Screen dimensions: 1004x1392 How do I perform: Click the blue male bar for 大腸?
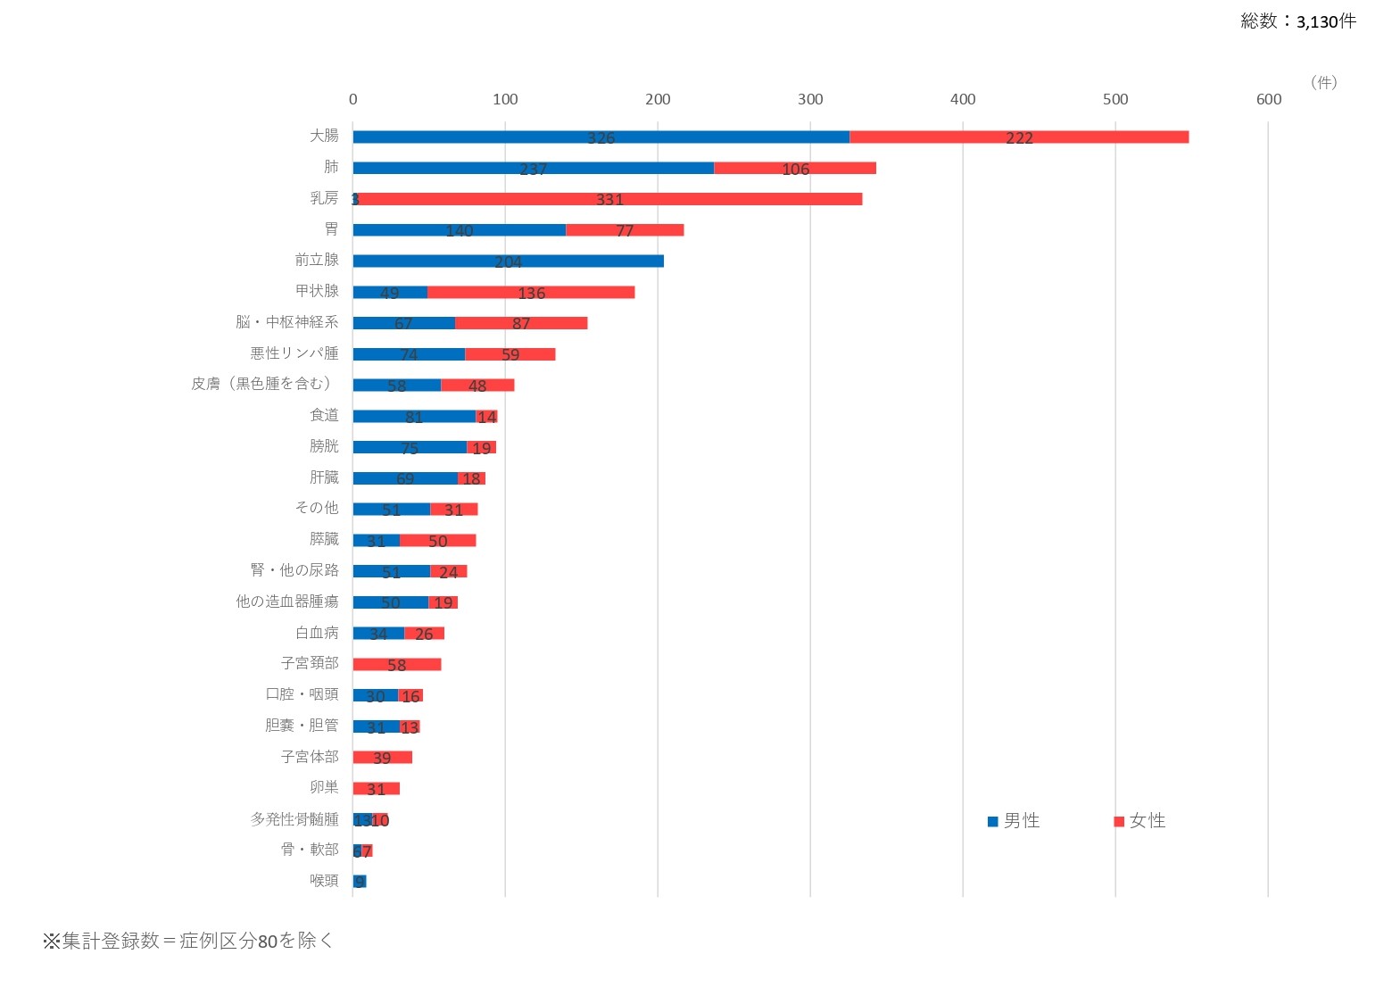[601, 137]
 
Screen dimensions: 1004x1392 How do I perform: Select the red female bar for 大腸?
[1019, 137]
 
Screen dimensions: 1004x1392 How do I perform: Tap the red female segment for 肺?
[795, 168]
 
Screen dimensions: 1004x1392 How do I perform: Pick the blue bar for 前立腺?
[508, 261]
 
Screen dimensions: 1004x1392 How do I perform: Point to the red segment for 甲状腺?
[531, 292]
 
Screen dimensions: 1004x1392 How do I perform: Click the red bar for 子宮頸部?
[397, 664]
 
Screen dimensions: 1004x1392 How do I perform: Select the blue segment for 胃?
[459, 230]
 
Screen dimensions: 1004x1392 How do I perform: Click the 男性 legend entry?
[1014, 821]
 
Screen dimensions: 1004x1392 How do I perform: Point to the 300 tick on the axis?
[810, 99]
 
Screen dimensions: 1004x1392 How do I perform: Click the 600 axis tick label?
[1268, 99]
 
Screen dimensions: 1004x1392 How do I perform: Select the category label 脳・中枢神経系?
[287, 322]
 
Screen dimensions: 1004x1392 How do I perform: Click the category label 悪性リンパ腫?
[294, 353]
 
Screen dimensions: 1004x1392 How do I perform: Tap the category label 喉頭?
[324, 881]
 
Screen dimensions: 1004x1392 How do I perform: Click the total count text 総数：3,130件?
[1297, 21]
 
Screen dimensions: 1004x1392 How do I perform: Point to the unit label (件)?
[1323, 82]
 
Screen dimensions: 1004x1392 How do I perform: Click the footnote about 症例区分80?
[188, 941]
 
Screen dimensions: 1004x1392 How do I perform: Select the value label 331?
[609, 200]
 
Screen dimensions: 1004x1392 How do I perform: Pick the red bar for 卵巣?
[376, 789]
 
